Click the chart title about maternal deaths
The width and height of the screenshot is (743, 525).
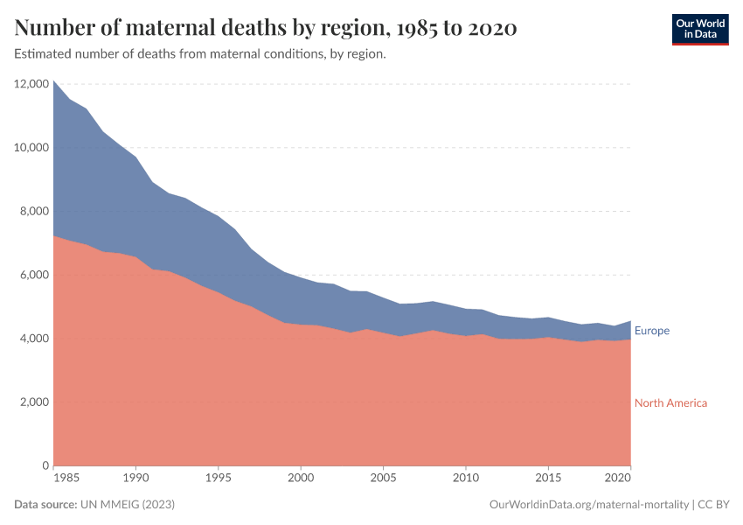coord(266,29)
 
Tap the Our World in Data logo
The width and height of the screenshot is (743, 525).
coord(700,29)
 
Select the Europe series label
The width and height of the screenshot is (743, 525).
coord(652,331)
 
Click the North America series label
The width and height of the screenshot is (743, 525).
coord(670,402)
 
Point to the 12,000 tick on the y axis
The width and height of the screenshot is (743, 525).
coord(31,84)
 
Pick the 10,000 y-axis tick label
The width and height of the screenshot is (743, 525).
coord(31,148)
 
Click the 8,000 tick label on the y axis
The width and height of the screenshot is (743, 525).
coord(33,211)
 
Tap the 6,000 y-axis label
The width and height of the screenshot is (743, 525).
coord(33,275)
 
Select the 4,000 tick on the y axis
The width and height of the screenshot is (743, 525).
coord(33,339)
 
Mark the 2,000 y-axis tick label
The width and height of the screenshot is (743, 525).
coord(33,402)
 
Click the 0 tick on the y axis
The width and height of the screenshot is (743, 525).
coord(44,465)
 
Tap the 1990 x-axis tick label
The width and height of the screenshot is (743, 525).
coord(135,479)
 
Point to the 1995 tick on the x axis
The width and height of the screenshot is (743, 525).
coord(218,479)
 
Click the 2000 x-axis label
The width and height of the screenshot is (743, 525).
coord(300,479)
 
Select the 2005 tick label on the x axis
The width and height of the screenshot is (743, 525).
coord(382,479)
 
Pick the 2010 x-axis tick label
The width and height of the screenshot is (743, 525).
coord(464,479)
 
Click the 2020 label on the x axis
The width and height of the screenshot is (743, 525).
coord(617,479)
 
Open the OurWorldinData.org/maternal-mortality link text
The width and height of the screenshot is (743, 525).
coord(588,505)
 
